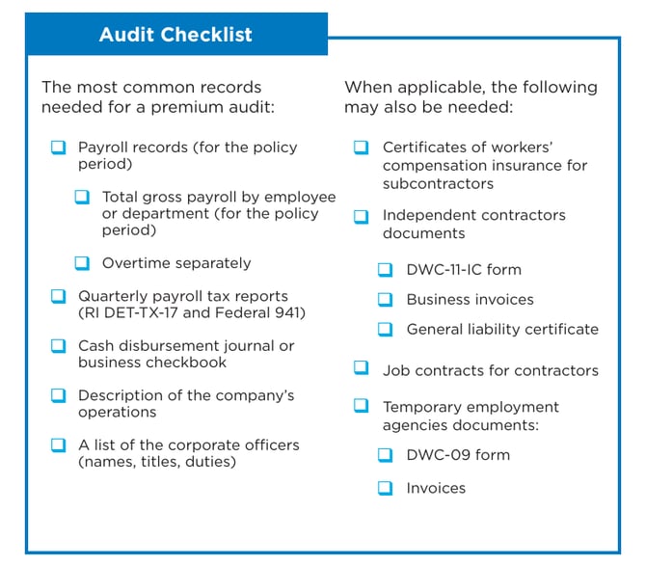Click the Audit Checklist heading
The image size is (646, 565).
(175, 35)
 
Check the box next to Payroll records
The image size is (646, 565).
(59, 148)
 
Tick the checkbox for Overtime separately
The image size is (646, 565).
(83, 262)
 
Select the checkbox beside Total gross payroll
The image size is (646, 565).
(83, 197)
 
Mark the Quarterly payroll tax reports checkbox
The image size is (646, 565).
(59, 296)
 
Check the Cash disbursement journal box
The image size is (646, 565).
(59, 345)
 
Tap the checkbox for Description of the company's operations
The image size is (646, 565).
(59, 395)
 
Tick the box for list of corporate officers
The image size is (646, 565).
(59, 444)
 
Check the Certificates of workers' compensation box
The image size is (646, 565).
(362, 148)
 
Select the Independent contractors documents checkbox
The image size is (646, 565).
(362, 215)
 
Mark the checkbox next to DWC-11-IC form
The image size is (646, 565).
(386, 270)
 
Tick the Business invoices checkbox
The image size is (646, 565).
(386, 299)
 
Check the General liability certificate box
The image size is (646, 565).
(386, 329)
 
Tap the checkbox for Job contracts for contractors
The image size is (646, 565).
(362, 369)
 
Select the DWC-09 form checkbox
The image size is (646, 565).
(386, 454)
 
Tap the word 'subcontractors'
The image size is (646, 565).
(438, 183)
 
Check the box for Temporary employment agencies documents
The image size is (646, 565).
(362, 406)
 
